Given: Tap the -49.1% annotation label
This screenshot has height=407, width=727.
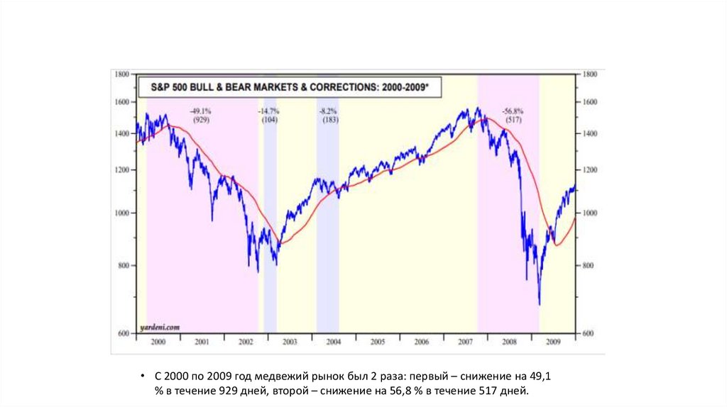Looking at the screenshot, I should click(201, 111).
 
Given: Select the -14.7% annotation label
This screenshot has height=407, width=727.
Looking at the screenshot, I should click(269, 111).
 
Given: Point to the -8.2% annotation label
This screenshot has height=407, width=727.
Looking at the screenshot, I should click(328, 111).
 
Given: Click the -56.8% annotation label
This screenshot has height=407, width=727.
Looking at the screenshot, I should click(513, 111).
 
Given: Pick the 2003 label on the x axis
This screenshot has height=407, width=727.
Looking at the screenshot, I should click(290, 342).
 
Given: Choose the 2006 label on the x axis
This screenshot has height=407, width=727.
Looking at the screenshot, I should click(422, 342).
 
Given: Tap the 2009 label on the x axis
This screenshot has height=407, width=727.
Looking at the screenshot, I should click(553, 342).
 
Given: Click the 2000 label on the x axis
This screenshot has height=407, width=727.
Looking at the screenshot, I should click(158, 342).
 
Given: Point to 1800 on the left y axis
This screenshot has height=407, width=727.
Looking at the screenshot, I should click(121, 74).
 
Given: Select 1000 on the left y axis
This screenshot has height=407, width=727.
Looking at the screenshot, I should click(121, 213).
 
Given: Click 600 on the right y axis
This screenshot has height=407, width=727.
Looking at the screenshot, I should click(589, 333).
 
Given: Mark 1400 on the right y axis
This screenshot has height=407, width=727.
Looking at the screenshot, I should click(589, 133).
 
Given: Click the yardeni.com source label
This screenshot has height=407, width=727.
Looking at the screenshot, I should click(159, 327).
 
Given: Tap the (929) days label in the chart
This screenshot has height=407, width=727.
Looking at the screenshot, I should click(201, 121).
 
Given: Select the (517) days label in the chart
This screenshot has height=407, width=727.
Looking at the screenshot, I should click(513, 121).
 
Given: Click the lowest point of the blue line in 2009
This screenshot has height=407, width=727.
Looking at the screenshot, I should click(540, 304).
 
